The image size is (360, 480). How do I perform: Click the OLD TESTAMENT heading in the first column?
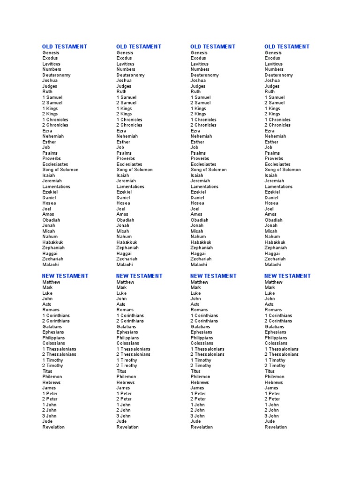[64, 46]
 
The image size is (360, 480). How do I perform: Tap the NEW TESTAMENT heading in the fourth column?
[287, 276]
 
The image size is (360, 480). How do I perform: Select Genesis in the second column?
[125, 52]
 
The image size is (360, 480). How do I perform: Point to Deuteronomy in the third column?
[204, 75]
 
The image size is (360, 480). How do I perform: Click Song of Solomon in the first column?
[60, 170]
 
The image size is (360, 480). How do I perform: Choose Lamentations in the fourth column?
[278, 187]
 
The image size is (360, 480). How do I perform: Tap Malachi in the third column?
[199, 264]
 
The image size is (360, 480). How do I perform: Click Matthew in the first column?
[51, 282]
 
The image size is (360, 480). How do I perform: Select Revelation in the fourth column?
[276, 427]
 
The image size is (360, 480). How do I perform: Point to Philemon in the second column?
[126, 377]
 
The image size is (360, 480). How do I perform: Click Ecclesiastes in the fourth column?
[277, 165]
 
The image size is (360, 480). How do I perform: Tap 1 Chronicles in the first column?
[55, 120]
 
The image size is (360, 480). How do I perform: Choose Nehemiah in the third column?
[201, 136]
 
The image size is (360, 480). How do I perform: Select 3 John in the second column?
[123, 416]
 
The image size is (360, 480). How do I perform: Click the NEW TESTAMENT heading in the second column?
[139, 276]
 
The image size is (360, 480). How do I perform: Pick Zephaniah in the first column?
[53, 247]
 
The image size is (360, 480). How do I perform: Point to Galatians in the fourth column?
[274, 327]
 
